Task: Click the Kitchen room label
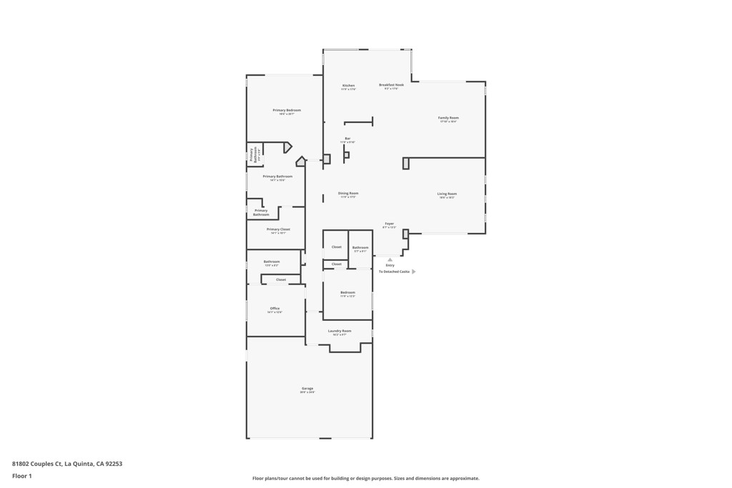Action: [x=348, y=86]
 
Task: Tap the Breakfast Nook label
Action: [x=391, y=85]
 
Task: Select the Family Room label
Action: [x=448, y=118]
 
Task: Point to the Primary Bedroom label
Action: [x=287, y=111]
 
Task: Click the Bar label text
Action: [x=347, y=139]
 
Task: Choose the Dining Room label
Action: [x=348, y=193]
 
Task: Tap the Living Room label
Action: [x=447, y=194]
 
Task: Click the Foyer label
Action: [x=389, y=224]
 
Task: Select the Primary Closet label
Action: [x=278, y=229]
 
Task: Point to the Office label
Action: [x=274, y=309]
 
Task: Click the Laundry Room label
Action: [x=340, y=331]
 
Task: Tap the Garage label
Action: [x=307, y=389]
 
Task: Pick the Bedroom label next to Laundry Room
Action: [x=347, y=293]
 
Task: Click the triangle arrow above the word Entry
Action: [x=390, y=260]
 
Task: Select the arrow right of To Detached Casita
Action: [x=414, y=272]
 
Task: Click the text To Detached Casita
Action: [x=394, y=272]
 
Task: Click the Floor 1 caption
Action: [x=22, y=476]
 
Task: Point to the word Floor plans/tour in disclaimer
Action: [x=273, y=479]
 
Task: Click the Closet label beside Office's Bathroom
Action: [x=281, y=279]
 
